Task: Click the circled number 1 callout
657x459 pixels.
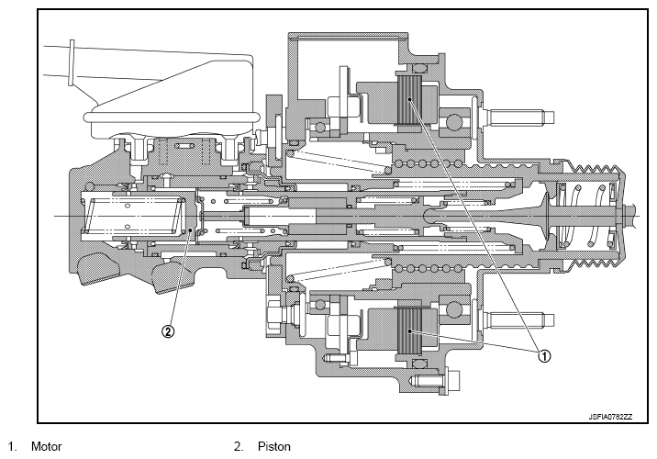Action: pyautogui.click(x=544, y=356)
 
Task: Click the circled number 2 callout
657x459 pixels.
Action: pyautogui.click(x=168, y=331)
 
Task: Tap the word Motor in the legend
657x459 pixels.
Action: pyautogui.click(x=47, y=446)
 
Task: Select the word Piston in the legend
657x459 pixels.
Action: pyautogui.click(x=274, y=446)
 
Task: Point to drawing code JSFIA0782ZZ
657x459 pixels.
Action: pyautogui.click(x=610, y=417)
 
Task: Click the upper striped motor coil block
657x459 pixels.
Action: pyautogui.click(x=408, y=101)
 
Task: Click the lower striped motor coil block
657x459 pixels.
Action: pyautogui.click(x=409, y=330)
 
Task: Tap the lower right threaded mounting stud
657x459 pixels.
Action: pyautogui.click(x=519, y=320)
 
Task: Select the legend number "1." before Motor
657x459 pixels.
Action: pyautogui.click(x=13, y=446)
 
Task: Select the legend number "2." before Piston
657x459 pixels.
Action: pyautogui.click(x=239, y=446)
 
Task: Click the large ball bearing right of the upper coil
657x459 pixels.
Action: pyautogui.click(x=454, y=122)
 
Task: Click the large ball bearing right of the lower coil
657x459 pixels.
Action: pyautogui.click(x=454, y=309)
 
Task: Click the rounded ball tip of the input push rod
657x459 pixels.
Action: pyautogui.click(x=430, y=217)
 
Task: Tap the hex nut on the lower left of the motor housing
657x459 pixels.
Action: pyautogui.click(x=275, y=313)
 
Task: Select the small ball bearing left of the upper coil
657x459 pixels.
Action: pyautogui.click(x=320, y=127)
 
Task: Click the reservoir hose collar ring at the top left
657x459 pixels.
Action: pyautogui.click(x=72, y=62)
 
